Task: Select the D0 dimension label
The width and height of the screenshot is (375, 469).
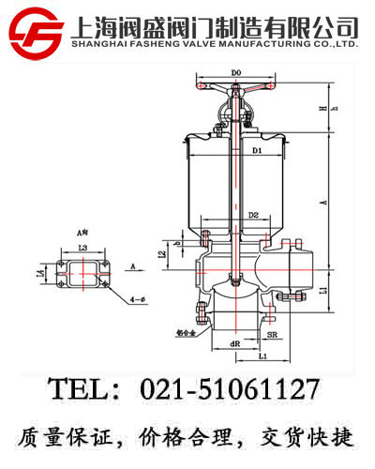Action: click(235, 72)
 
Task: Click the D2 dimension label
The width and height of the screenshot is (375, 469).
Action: click(253, 217)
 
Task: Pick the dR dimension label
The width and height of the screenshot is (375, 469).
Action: click(234, 343)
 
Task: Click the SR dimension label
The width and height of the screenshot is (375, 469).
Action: click(271, 334)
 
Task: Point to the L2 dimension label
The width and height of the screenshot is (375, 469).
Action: click(162, 251)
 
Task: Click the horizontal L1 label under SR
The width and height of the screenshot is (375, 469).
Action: click(263, 356)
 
